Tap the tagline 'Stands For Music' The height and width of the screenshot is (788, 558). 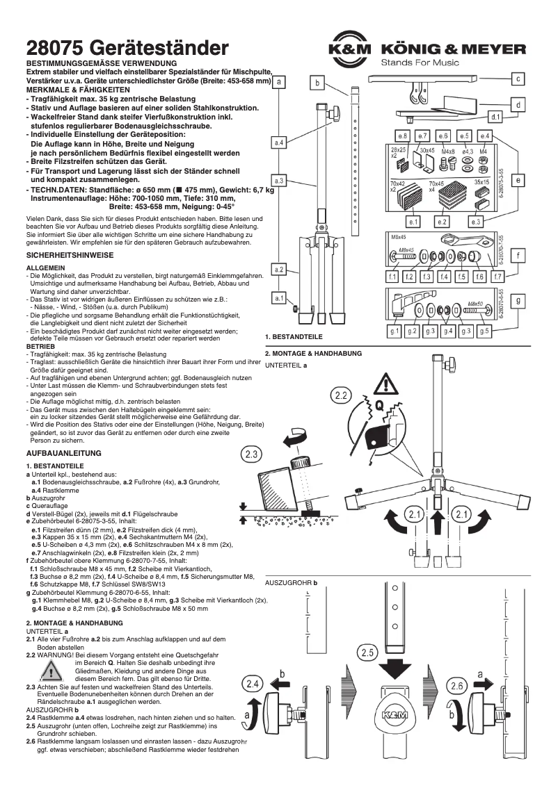tap(420, 63)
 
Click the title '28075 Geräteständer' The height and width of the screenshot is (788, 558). tap(127, 48)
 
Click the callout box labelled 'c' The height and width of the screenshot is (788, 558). tap(519, 79)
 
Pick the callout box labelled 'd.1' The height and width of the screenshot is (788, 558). tap(496, 117)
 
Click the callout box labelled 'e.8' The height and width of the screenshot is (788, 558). tap(401, 135)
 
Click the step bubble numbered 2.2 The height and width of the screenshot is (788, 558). tap(341, 396)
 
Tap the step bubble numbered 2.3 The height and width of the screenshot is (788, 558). tap(252, 455)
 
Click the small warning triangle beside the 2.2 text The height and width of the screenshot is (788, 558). tap(49, 671)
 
